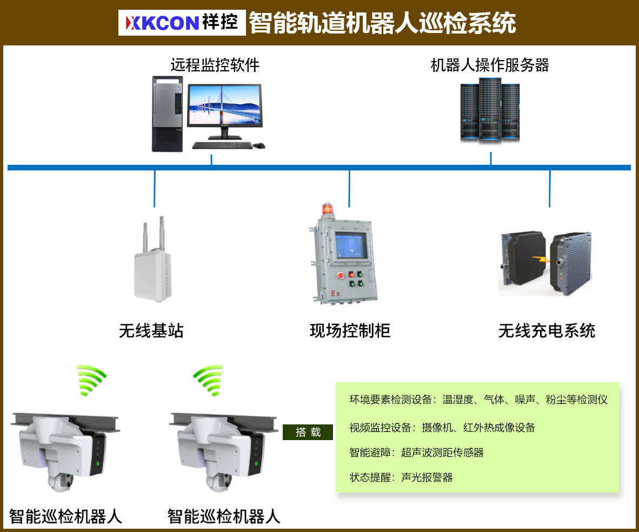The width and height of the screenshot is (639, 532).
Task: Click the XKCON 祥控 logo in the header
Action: pyautogui.click(x=182, y=22)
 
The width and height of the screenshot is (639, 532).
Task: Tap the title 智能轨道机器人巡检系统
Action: pyautogui.click(x=382, y=23)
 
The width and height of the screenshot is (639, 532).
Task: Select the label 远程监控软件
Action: pyautogui.click(x=215, y=65)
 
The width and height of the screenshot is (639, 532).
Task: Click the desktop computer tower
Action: pyautogui.click(x=168, y=114)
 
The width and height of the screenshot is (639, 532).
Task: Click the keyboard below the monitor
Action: pyautogui.click(x=222, y=145)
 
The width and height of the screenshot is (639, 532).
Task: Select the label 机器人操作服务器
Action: pyautogui.click(x=490, y=65)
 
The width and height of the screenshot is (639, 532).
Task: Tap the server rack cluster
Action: pyautogui.click(x=490, y=110)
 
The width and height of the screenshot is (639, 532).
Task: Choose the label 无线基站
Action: pyautogui.click(x=151, y=331)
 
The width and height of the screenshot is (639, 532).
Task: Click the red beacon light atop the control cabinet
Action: pyautogui.click(x=327, y=209)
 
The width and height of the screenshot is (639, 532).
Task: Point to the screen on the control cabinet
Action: pyautogui.click(x=351, y=244)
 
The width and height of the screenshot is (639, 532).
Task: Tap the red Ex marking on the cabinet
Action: pyautogui.click(x=335, y=293)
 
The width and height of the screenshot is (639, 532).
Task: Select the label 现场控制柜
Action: pyautogui.click(x=350, y=331)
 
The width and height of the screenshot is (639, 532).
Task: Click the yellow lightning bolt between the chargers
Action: pyautogui.click(x=541, y=259)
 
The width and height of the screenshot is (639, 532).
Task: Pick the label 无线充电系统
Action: pyautogui.click(x=547, y=331)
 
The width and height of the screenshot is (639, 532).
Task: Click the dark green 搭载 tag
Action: pyautogui.click(x=308, y=432)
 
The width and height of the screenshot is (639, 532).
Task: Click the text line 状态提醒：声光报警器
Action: pyautogui.click(x=401, y=477)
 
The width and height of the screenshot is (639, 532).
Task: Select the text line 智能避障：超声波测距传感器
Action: pyautogui.click(x=416, y=453)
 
